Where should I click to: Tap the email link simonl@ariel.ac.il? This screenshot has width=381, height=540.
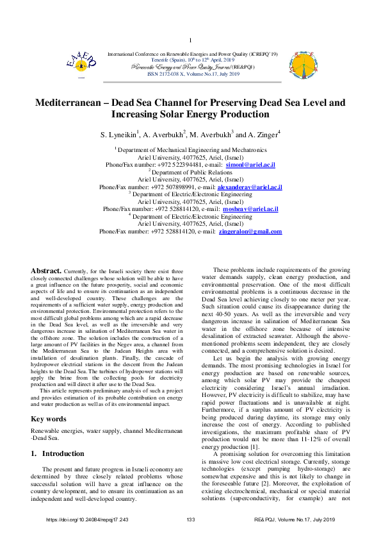(255, 165)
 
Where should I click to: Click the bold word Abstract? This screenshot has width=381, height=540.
(46, 289)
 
